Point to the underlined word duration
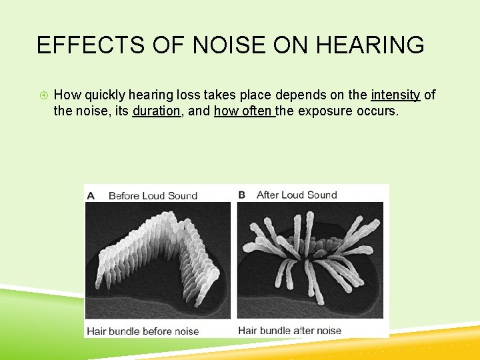click(x=157, y=111)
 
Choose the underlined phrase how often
click(x=244, y=111)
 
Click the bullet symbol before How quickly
click(x=41, y=95)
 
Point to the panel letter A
click(x=91, y=195)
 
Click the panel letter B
click(x=242, y=195)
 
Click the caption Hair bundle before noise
click(x=143, y=331)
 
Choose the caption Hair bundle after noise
click(x=289, y=331)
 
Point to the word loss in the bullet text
click(x=212, y=95)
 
